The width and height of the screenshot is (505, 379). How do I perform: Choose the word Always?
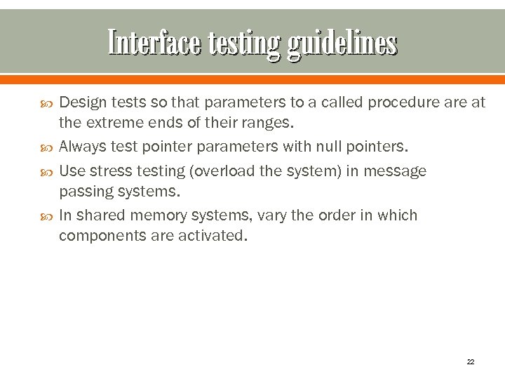tap(81, 147)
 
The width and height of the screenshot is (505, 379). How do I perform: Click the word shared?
tap(97, 215)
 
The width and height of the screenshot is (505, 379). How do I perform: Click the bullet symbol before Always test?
tap(47, 147)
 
